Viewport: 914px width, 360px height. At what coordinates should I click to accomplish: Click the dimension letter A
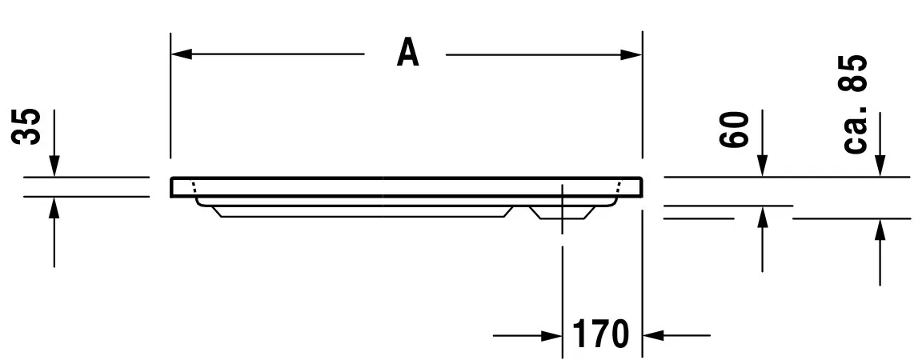coord(407,54)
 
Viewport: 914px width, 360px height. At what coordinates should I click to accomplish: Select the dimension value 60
coord(735,130)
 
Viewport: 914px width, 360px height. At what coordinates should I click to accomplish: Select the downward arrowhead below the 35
coord(54,166)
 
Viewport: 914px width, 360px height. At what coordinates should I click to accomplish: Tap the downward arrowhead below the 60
coord(762,166)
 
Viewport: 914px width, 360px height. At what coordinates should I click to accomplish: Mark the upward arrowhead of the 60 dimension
coord(762,216)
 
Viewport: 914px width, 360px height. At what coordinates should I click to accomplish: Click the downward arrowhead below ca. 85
coord(880,166)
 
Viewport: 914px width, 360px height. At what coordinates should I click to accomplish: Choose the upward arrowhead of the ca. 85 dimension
coord(880,229)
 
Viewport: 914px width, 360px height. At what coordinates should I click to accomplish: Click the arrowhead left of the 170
coord(552,334)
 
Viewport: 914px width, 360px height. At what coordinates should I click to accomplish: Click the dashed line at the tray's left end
coord(193,187)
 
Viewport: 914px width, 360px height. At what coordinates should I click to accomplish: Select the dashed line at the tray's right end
coord(619,187)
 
